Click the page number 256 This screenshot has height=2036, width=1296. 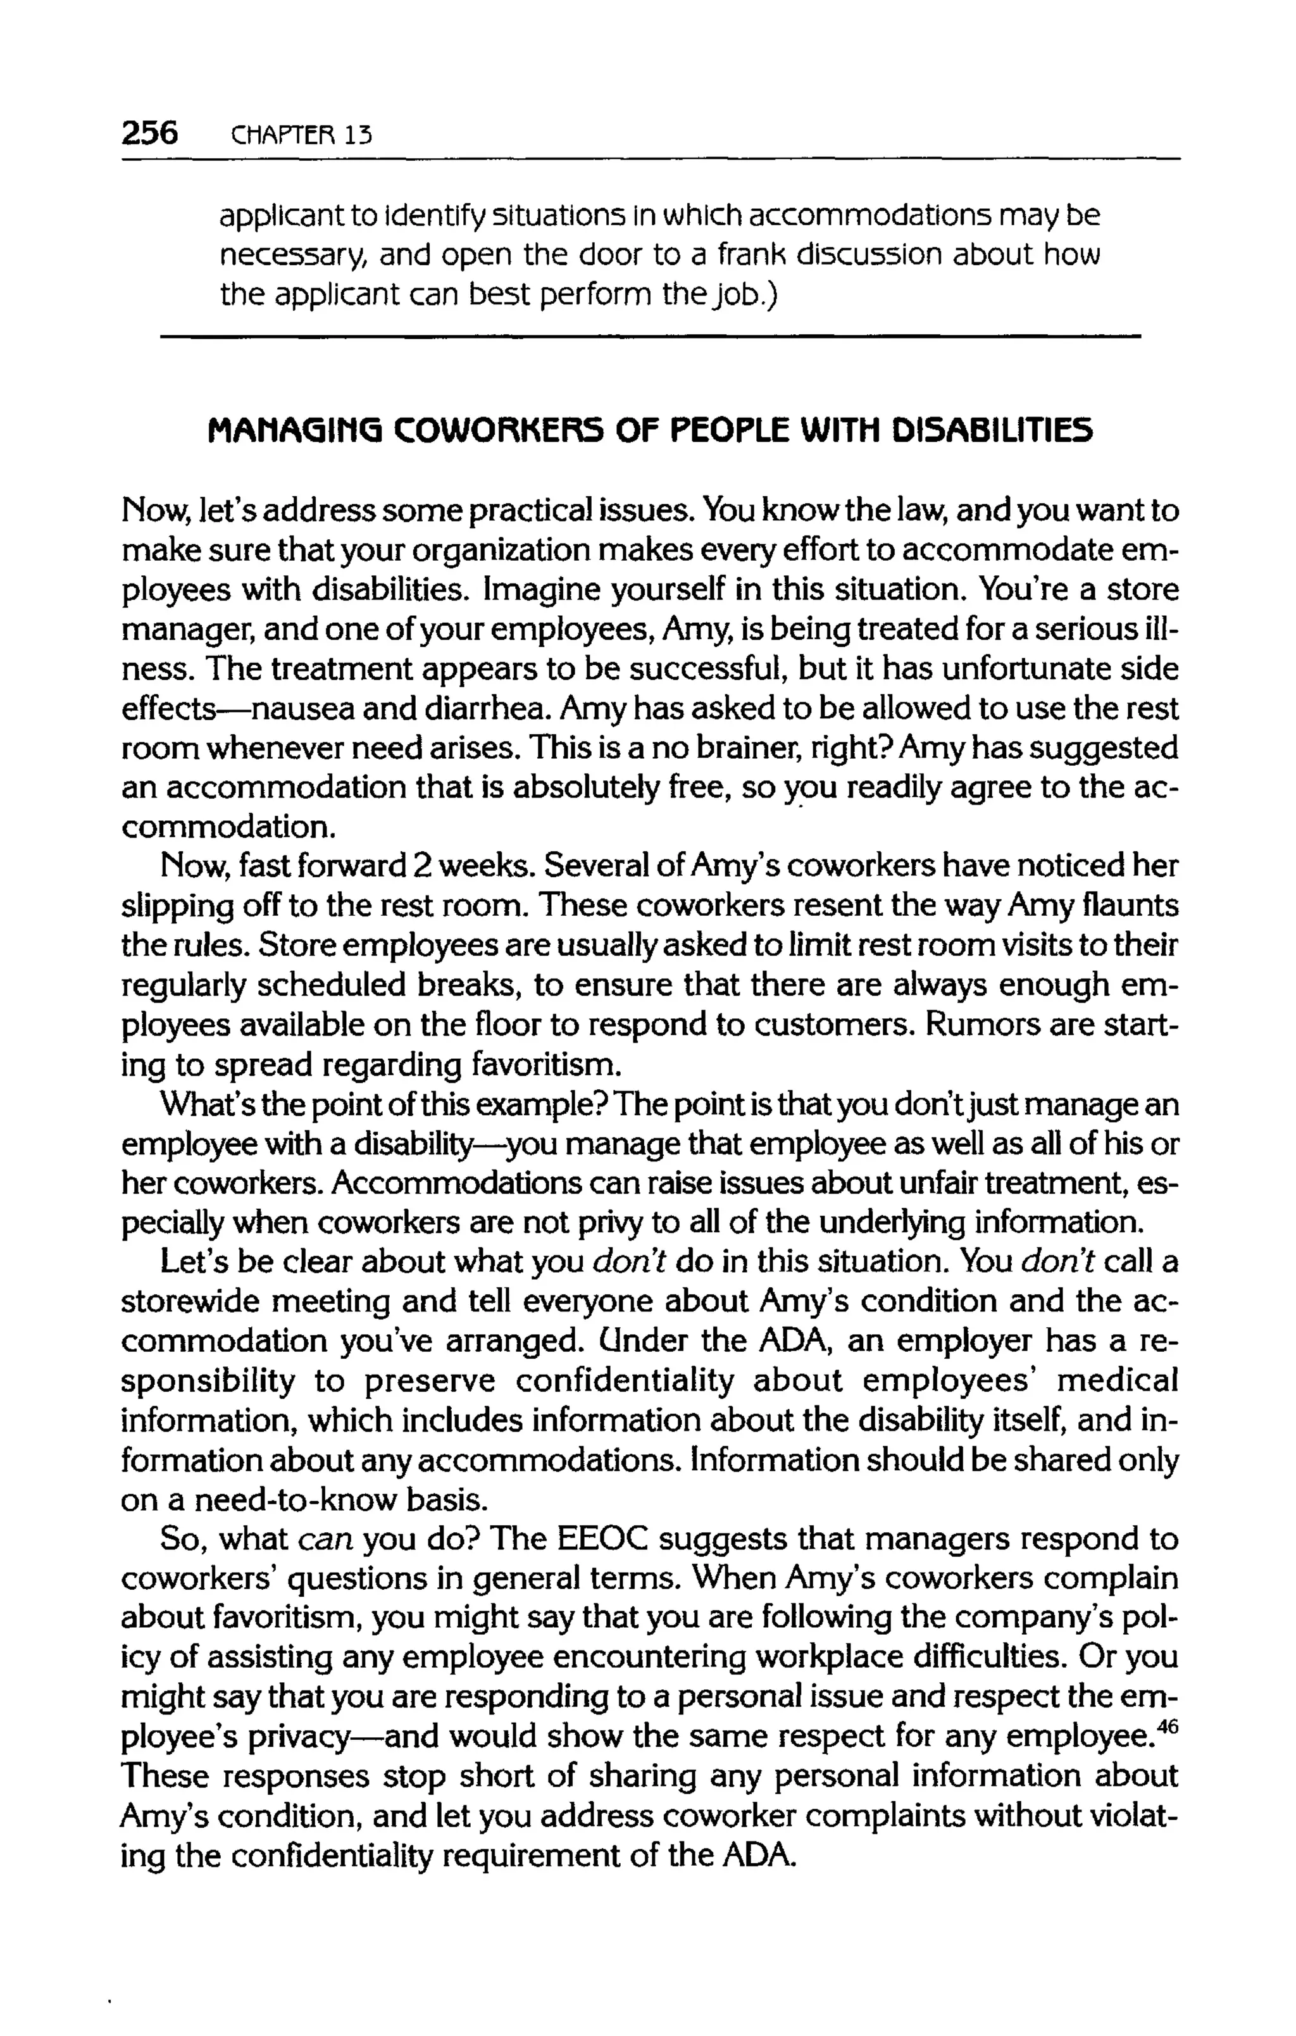click(x=149, y=134)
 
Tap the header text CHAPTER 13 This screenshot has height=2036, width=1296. click(x=301, y=135)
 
